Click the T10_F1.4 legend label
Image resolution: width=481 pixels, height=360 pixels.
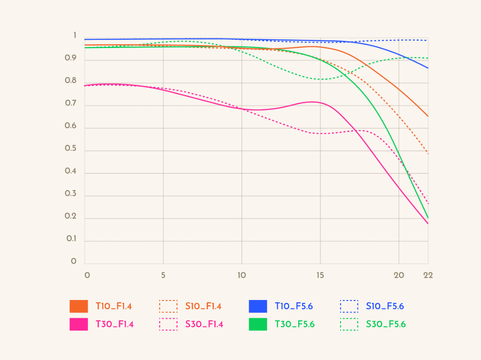click(114, 306)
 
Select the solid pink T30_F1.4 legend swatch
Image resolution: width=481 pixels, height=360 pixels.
click(79, 324)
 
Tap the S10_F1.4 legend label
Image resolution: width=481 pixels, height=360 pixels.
click(203, 306)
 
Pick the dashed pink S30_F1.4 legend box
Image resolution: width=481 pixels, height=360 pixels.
click(168, 324)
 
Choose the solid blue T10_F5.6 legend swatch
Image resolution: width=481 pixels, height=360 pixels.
click(258, 306)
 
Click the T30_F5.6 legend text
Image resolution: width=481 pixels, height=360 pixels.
click(294, 324)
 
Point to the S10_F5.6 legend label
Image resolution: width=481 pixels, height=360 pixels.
click(385, 306)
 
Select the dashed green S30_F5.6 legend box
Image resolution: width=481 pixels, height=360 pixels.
click(349, 324)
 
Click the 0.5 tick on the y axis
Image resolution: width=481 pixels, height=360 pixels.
click(71, 148)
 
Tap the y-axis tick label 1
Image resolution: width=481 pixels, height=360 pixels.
click(75, 36)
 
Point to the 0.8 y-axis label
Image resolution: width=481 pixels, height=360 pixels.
click(71, 81)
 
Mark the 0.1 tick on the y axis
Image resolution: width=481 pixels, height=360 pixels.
click(71, 239)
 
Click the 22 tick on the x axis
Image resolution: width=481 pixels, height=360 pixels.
click(428, 276)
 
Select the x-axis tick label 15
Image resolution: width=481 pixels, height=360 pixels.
click(320, 276)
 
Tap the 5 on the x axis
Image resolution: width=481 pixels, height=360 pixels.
click(164, 276)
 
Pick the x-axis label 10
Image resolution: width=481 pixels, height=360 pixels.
click(241, 276)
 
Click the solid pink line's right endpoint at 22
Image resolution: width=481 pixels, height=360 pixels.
click(428, 224)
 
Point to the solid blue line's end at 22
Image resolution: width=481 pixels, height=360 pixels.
click(428, 68)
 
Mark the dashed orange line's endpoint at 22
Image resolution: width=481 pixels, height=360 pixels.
click(428, 154)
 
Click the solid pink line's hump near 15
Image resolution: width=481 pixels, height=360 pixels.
click(313, 102)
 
